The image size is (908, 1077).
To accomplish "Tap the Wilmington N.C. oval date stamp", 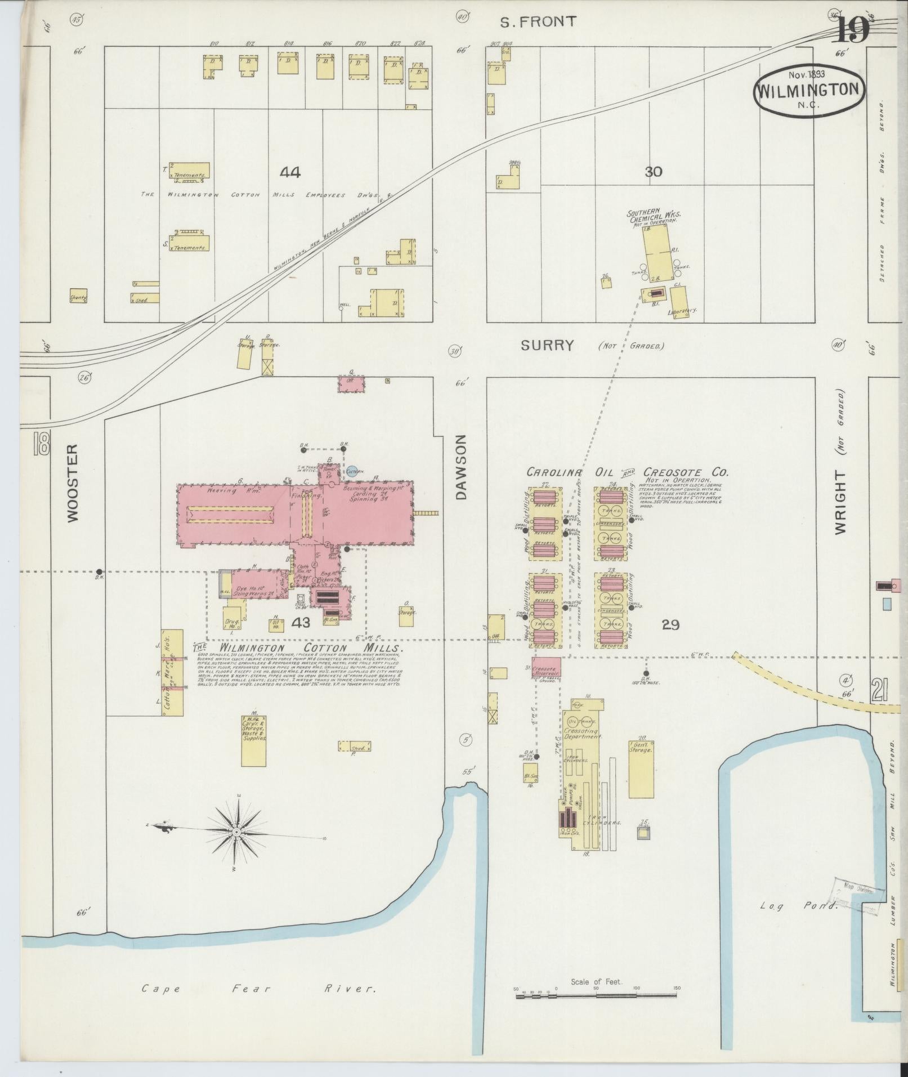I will click(x=808, y=90).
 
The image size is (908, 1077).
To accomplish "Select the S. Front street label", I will click(x=539, y=22).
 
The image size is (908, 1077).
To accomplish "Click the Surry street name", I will click(x=547, y=345).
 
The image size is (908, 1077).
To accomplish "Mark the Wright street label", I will click(x=840, y=503).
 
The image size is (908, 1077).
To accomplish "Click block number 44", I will click(x=290, y=172).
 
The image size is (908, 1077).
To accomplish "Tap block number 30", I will click(x=653, y=172).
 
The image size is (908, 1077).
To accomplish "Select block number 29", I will click(x=670, y=624).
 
